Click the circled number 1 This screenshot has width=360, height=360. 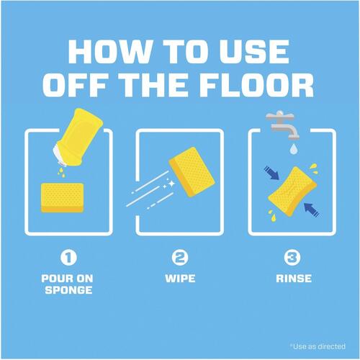coord(68,257)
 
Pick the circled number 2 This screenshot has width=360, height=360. coord(180,257)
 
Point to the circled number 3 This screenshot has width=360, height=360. coord(292,257)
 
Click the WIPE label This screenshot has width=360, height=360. coord(180,279)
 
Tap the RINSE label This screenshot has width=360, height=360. coord(294,279)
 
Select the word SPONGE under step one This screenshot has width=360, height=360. coord(68,290)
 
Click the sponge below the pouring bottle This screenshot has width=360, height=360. coord(63,197)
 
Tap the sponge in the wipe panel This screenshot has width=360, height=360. coord(192,172)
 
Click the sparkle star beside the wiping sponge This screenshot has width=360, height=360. coord(172,184)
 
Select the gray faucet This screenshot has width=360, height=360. coord(282,125)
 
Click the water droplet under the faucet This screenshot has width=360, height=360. coord(294,149)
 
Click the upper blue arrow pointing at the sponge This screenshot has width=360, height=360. coord(271,173)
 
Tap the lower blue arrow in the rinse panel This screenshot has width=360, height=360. coord(312,210)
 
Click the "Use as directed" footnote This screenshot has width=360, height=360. coord(318,346)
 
